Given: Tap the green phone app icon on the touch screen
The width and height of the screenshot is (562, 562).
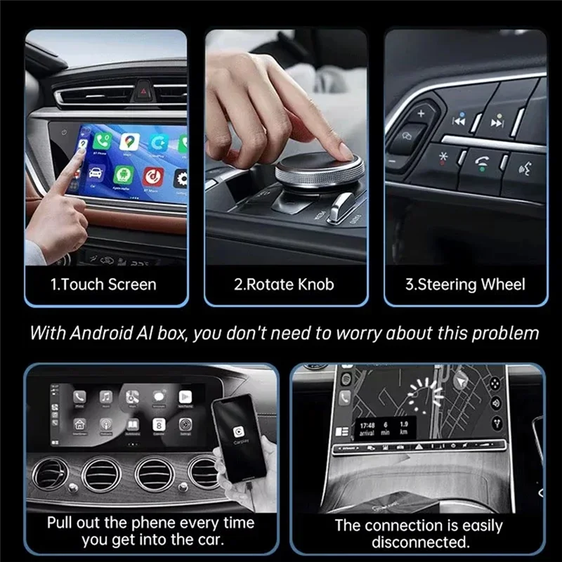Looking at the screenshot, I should click(103, 142).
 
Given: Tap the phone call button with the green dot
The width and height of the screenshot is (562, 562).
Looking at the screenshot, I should click(482, 164).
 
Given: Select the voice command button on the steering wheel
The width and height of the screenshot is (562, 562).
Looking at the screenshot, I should click(523, 168).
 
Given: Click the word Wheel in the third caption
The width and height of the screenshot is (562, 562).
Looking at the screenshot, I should click(503, 285).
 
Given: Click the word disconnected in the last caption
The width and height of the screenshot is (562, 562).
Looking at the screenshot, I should click(420, 542).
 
